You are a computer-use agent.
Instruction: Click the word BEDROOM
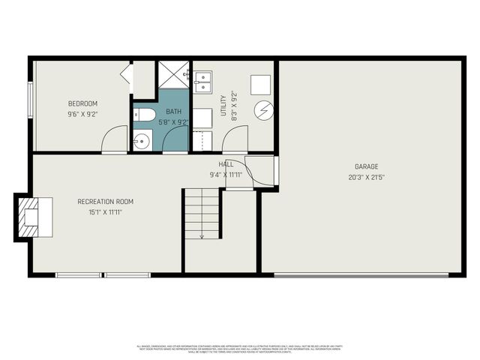82,103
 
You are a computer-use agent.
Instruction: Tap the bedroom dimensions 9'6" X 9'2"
82,115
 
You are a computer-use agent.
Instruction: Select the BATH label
174,111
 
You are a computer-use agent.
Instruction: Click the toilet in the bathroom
145,115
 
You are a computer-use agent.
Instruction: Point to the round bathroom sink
142,139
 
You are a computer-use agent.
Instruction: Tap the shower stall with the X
173,74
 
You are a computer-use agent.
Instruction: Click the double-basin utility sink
204,80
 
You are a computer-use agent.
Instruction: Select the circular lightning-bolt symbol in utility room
262,110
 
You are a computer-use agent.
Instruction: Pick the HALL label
226,164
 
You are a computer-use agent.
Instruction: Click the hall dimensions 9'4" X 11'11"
226,175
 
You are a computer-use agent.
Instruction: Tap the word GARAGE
367,166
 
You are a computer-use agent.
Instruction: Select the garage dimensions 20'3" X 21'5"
367,178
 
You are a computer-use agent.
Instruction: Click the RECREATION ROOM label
105,202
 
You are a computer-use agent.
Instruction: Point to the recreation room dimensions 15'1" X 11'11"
105,212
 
